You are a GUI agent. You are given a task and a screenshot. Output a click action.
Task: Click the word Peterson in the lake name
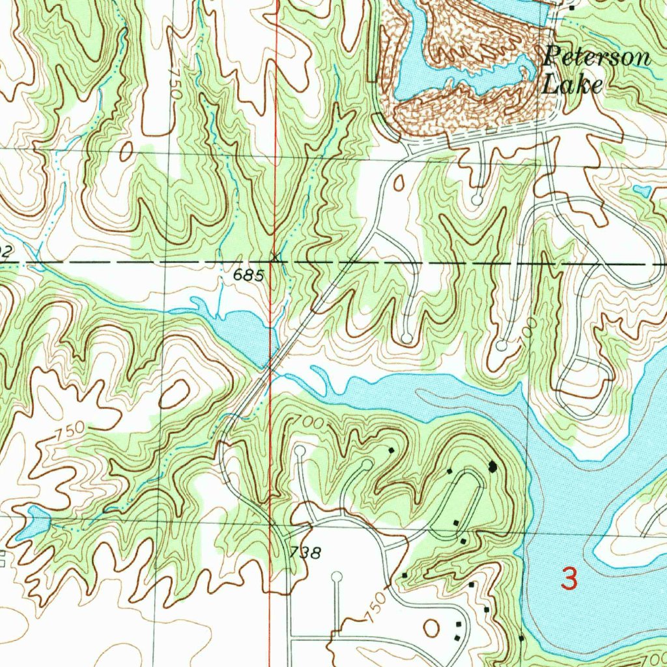[x=597, y=57]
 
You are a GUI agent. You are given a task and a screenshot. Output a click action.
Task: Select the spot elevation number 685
[x=249, y=276]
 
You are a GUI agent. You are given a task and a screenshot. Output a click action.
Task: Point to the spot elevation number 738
[x=305, y=554]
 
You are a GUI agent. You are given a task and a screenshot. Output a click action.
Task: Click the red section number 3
[x=569, y=579]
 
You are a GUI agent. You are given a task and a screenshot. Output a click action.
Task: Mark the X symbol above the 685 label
[x=277, y=257]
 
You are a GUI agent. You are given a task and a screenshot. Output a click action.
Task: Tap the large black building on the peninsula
[x=492, y=466]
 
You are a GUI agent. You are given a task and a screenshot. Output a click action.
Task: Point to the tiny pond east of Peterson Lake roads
[x=642, y=190]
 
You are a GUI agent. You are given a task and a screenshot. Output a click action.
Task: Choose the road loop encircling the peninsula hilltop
[x=462, y=505]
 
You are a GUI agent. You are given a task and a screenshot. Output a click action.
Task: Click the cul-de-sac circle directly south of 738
[x=337, y=576]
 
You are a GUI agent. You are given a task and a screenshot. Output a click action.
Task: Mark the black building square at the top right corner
[x=572, y=8]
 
